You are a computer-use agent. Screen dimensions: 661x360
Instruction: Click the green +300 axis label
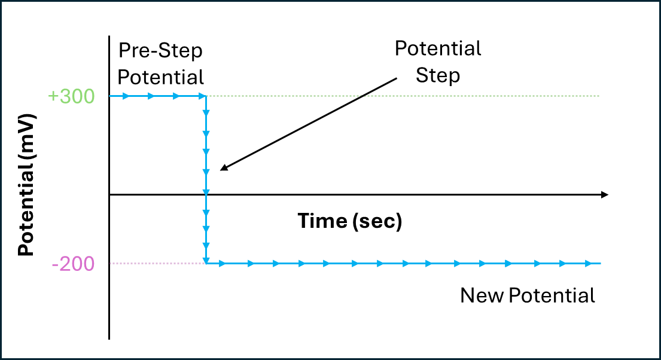[x=71, y=96]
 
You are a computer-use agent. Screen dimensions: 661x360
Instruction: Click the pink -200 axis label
[x=73, y=264]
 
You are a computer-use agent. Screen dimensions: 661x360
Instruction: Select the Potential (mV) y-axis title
[x=26, y=185]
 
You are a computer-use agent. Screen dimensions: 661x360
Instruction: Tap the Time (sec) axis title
[x=350, y=221]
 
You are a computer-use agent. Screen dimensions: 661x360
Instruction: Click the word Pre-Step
[x=160, y=51]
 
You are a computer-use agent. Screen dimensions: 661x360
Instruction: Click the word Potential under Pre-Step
[x=160, y=78]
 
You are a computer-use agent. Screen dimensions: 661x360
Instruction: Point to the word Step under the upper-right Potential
[x=437, y=76]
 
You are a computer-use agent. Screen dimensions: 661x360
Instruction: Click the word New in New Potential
[x=482, y=295]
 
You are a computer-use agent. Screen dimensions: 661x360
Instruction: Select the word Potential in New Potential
[x=552, y=295]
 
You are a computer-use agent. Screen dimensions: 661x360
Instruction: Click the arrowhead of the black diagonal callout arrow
[x=224, y=168]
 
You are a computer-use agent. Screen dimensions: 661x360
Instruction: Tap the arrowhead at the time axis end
[x=605, y=195]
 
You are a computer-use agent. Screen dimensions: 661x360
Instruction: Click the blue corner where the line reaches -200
[x=206, y=264]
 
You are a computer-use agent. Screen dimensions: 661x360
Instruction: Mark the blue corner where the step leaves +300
[x=206, y=96]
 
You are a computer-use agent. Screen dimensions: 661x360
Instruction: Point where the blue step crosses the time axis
[x=206, y=195]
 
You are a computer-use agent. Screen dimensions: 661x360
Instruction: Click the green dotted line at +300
[x=403, y=96]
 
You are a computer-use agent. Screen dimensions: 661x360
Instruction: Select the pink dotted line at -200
[x=158, y=264]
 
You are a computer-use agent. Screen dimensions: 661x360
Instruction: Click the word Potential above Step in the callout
[x=438, y=48]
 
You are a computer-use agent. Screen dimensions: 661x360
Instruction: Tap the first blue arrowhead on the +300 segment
[x=126, y=96]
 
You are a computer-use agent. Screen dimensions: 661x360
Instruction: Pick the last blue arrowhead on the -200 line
[x=589, y=264]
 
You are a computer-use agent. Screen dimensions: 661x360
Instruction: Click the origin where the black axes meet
[x=109, y=195]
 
